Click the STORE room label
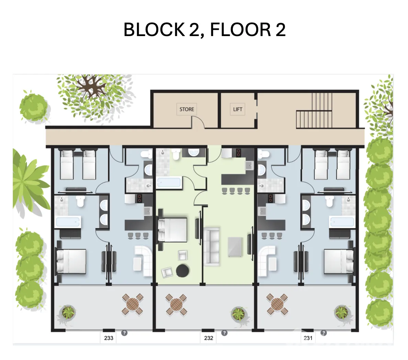pyautogui.click(x=187, y=109)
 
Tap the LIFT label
pyautogui.click(x=238, y=109)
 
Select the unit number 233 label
pyautogui.click(x=109, y=338)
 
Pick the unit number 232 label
pyautogui.click(x=208, y=338)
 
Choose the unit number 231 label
pyautogui.click(x=308, y=338)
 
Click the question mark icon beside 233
pyautogui.click(x=124, y=333)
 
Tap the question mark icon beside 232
pyautogui.click(x=224, y=333)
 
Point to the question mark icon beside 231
pyautogui.click(x=324, y=333)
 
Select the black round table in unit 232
pyautogui.click(x=183, y=271)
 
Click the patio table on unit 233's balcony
pyautogui.click(x=133, y=304)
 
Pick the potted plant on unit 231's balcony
pyautogui.click(x=342, y=312)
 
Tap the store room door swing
pyautogui.click(x=198, y=122)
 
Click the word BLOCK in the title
pyautogui.click(x=154, y=30)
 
